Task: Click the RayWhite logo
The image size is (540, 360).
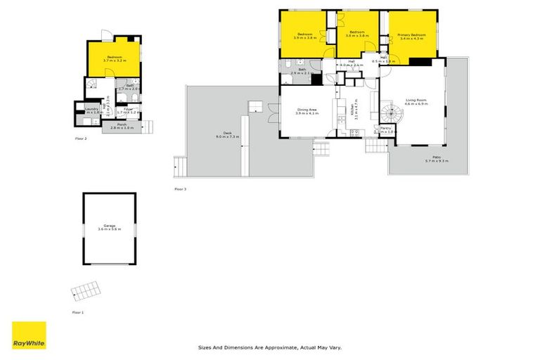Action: pyautogui.click(x=29, y=335)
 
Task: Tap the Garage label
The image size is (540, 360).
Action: pyautogui.click(x=109, y=227)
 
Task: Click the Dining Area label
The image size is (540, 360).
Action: pyautogui.click(x=308, y=111)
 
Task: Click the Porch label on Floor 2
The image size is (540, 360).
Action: pyautogui.click(x=122, y=126)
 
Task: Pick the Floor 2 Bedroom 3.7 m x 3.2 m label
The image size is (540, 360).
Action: pyautogui.click(x=114, y=59)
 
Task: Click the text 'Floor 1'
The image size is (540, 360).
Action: pyautogui.click(x=78, y=311)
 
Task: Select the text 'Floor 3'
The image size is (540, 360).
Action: pyautogui.click(x=180, y=189)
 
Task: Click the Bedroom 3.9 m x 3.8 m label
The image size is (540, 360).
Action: pyautogui.click(x=304, y=36)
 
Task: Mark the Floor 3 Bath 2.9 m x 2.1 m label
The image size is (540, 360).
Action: pyautogui.click(x=302, y=71)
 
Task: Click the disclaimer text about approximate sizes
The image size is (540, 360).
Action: pyautogui.click(x=270, y=347)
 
